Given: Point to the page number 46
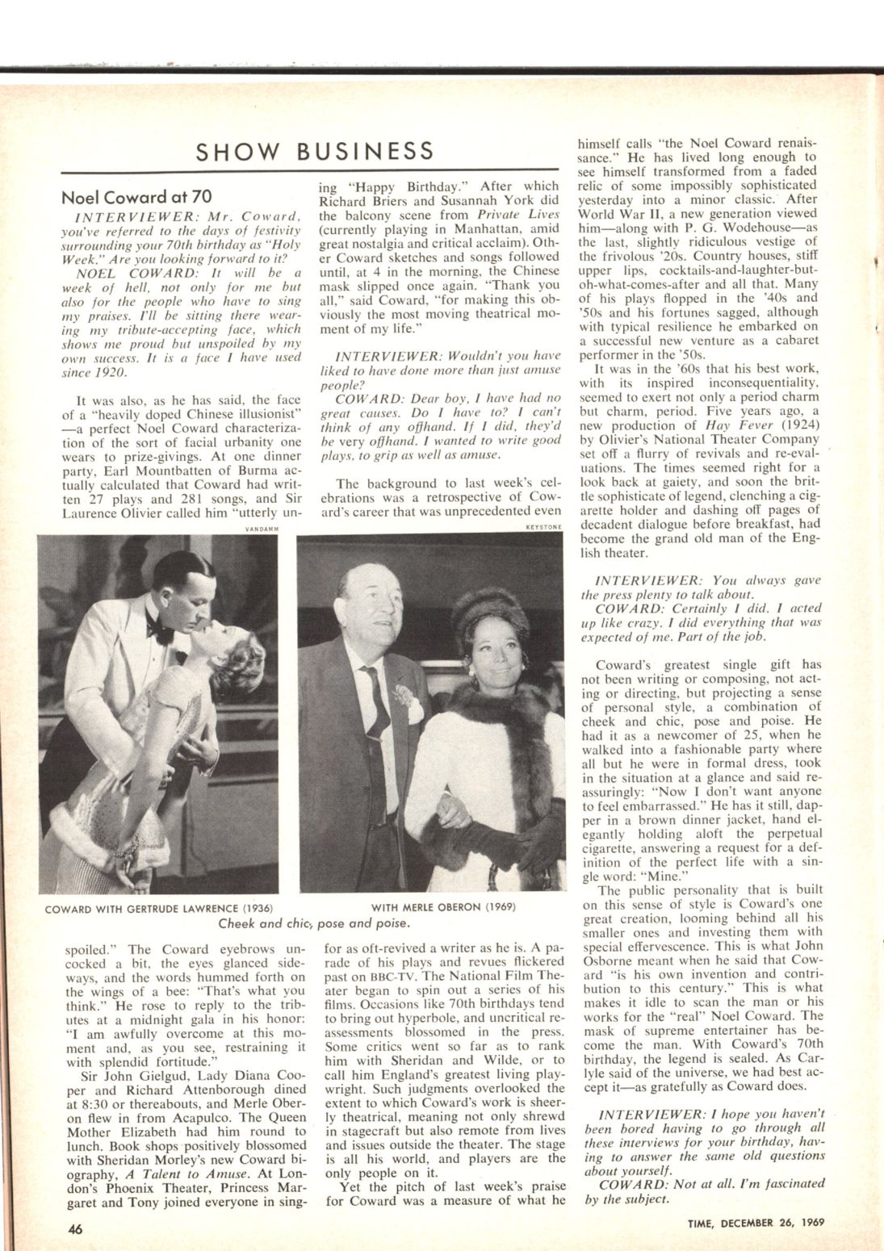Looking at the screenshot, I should point(75,1229).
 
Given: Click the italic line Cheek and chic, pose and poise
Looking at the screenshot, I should point(315,922).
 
